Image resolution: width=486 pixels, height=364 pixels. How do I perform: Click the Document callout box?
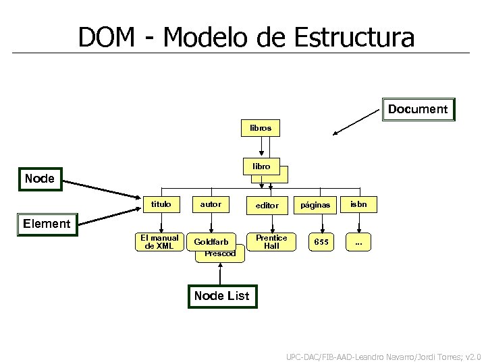point(418,109)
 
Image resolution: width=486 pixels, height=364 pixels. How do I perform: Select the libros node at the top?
point(261,127)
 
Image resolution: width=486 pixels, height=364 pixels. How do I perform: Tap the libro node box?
point(262,166)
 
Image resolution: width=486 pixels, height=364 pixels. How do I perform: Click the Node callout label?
point(39,179)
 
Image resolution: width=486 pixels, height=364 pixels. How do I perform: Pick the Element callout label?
point(47,223)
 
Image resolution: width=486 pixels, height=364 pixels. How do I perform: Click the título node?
point(161,204)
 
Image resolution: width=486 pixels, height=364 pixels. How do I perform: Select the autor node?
point(211,204)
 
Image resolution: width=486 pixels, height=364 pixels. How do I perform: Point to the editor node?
point(267,204)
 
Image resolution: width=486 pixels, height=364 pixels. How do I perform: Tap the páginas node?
point(315,204)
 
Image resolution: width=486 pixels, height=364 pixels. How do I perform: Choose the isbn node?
point(358,204)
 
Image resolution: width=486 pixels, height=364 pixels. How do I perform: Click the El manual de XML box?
point(160,242)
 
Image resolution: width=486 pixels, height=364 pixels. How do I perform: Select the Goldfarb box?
point(211,242)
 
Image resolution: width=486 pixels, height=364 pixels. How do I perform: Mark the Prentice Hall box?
point(271,242)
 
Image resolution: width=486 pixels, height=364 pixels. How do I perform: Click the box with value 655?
point(321,242)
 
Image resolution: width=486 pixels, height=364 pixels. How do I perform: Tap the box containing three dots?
point(358,242)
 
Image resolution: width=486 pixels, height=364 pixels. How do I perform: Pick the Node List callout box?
point(221,295)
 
